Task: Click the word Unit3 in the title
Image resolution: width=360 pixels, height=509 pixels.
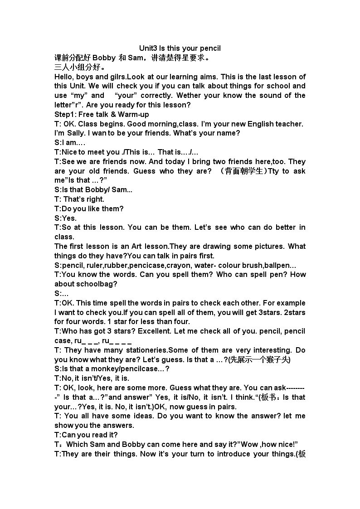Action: [x=148, y=48]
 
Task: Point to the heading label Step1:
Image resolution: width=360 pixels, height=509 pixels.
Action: [x=65, y=114]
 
